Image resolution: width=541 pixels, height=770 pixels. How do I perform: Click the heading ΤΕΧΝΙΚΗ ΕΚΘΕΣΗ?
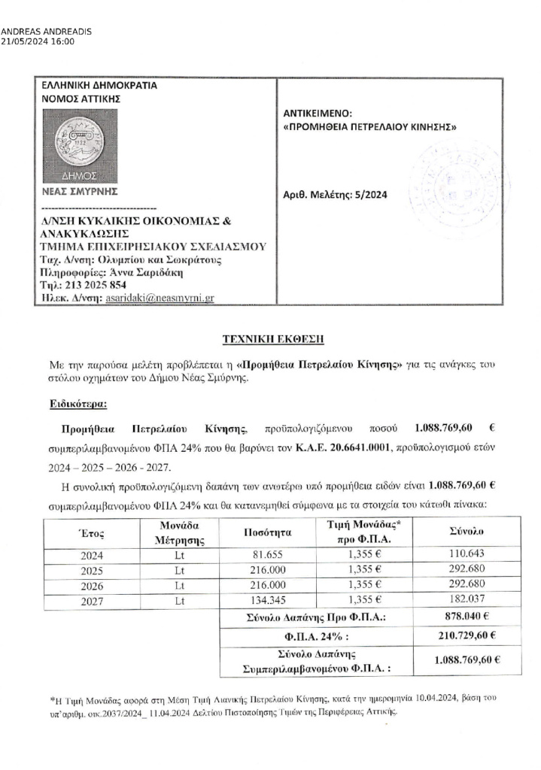270,338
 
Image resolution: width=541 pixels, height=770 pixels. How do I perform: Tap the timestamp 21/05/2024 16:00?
38,42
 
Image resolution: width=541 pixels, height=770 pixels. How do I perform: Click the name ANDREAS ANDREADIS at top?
47,32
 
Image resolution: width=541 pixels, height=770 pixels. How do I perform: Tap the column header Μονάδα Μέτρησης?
180,532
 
